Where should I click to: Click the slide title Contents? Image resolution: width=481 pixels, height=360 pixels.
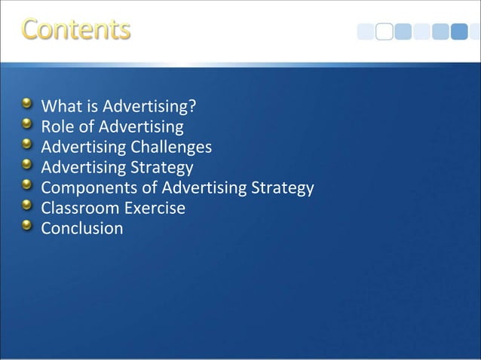click(75, 29)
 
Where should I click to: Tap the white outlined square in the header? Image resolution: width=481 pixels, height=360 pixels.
click(384, 32)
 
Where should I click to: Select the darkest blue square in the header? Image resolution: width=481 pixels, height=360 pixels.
click(460, 32)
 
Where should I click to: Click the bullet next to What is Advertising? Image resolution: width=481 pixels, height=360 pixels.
click(27, 102)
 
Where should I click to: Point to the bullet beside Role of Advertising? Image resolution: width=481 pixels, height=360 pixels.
click(27, 123)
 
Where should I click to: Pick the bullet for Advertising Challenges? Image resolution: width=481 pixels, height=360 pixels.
click(27, 143)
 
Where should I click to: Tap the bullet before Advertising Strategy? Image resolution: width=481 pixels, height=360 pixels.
click(27, 163)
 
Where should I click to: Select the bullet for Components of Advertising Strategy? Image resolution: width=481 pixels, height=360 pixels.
click(27, 184)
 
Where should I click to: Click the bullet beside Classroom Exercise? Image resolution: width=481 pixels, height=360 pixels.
click(27, 204)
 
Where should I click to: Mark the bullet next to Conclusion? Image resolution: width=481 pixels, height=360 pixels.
click(27, 224)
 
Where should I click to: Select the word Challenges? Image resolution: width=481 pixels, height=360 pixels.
click(172, 146)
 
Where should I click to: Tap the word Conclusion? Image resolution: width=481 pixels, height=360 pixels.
click(81, 227)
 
